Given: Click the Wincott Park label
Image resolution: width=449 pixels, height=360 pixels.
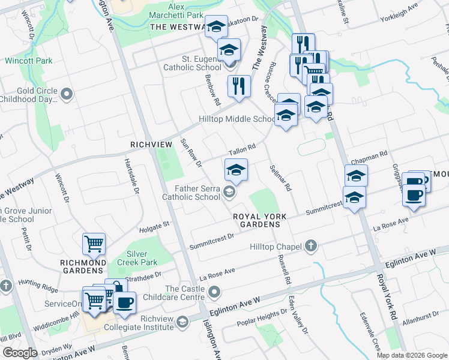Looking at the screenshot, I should [28, 61].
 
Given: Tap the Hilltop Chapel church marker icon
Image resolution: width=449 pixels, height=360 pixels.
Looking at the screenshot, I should [311, 245].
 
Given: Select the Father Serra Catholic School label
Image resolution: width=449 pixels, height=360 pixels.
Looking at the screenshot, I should [191, 192].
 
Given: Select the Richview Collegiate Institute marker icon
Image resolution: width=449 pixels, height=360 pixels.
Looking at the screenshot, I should [181, 323].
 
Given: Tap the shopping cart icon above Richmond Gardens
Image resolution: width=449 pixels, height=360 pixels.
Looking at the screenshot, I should [94, 244].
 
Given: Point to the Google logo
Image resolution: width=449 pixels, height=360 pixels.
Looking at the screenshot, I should [20, 353].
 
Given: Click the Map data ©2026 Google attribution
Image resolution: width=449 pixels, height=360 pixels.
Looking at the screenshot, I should [412, 355].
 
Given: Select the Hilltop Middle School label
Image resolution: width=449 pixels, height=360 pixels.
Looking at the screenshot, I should [237, 119].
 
